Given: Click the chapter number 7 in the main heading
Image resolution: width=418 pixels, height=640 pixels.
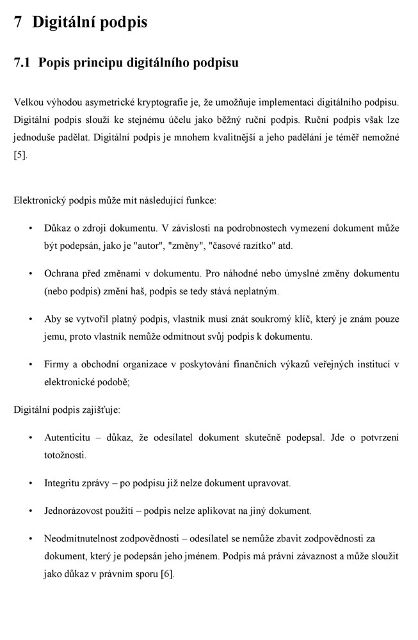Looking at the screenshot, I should click(18, 23).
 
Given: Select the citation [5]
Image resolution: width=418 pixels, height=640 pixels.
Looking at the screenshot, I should click(20, 156).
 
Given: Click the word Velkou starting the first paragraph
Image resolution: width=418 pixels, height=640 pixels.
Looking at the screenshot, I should click(28, 102).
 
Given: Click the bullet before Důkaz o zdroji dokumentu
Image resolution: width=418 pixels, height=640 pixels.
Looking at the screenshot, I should click(31, 228).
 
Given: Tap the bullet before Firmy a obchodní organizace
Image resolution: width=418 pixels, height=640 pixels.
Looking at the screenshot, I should click(31, 365).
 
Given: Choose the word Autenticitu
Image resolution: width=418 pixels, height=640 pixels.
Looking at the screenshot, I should click(70, 438).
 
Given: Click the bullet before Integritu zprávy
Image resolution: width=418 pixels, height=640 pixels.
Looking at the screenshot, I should click(31, 483).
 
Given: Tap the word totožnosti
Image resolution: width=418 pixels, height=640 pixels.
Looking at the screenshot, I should click(65, 455).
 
